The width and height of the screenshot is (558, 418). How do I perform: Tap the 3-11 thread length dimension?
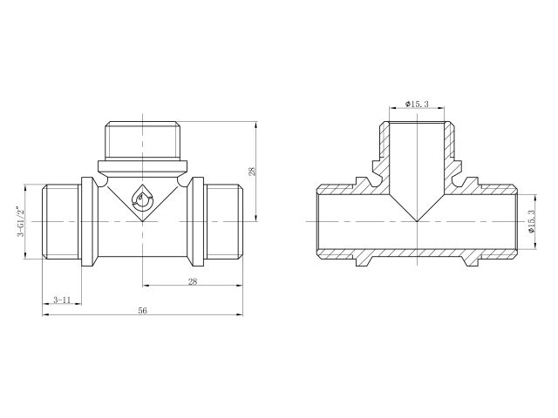tap(61, 299)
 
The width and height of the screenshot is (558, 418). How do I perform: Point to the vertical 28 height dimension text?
tap(252, 172)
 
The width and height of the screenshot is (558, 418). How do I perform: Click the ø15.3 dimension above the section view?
tap(418, 105)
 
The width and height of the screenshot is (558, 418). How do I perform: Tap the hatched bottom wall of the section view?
tap(418, 253)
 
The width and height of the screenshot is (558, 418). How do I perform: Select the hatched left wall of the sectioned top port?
tap(384, 144)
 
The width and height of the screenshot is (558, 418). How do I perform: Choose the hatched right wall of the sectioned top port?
tap(451, 144)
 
